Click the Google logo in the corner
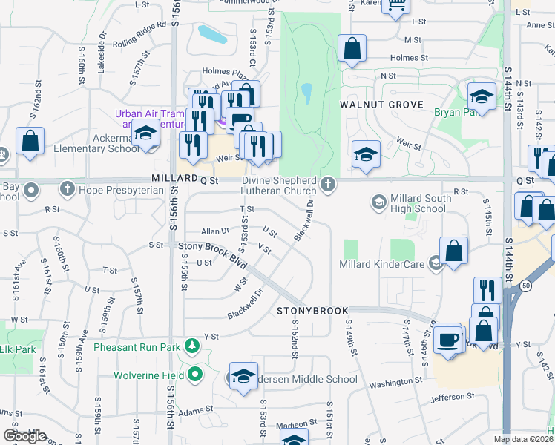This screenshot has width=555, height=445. pos(24,436)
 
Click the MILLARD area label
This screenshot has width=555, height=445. pos(173,179)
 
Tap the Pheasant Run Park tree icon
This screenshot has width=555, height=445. pos(193,346)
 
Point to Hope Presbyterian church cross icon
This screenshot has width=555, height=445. pos(68,190)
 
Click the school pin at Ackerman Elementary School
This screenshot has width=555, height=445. pos(146,133)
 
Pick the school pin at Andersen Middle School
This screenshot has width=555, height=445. pos(243,377)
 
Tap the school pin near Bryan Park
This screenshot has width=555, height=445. pos(482,96)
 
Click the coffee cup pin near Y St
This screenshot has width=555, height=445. pos(448,338)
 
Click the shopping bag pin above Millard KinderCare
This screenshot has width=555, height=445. pos(453,251)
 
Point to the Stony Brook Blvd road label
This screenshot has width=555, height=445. pos(211,245)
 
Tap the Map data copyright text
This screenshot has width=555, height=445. pos(523,439)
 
